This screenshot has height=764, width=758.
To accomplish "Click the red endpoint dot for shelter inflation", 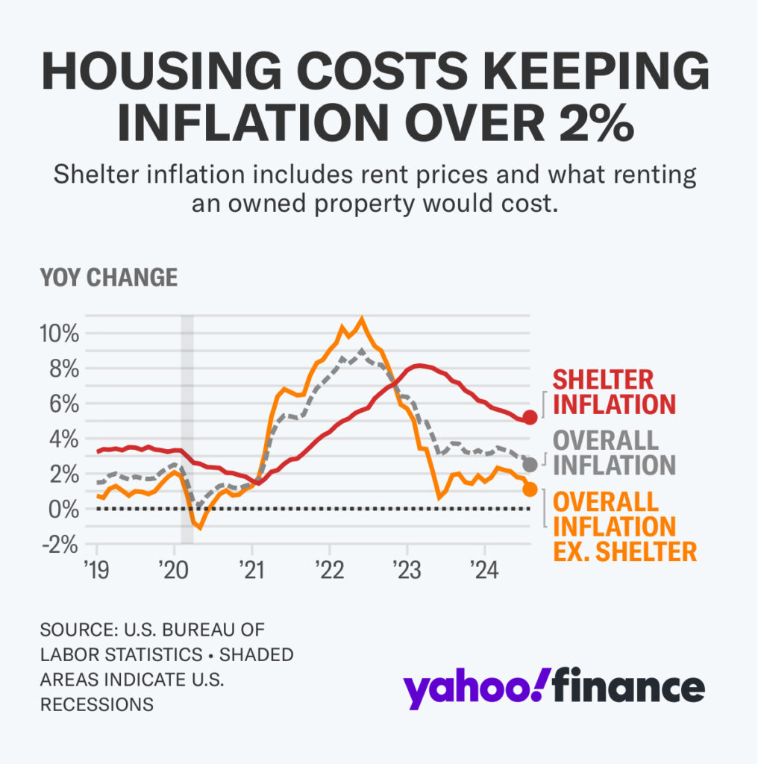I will tap(530, 417).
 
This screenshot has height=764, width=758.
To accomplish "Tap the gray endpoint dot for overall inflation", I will tap(530, 465).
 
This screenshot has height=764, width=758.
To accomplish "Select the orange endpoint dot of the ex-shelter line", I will tap(530, 489).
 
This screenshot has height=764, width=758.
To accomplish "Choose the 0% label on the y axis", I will tap(63, 510).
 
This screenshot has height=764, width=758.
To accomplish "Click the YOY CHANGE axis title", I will tap(109, 278).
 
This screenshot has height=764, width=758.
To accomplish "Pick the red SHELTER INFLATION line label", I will tap(613, 392).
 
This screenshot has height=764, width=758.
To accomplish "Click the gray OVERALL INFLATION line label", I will tap(613, 452).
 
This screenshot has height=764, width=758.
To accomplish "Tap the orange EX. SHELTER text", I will tap(624, 551).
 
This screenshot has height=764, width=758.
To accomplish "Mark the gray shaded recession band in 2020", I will tap(187, 429).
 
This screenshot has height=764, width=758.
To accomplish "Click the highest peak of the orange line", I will tap(363, 320).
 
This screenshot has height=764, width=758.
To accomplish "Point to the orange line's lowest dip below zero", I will tap(200, 527).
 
